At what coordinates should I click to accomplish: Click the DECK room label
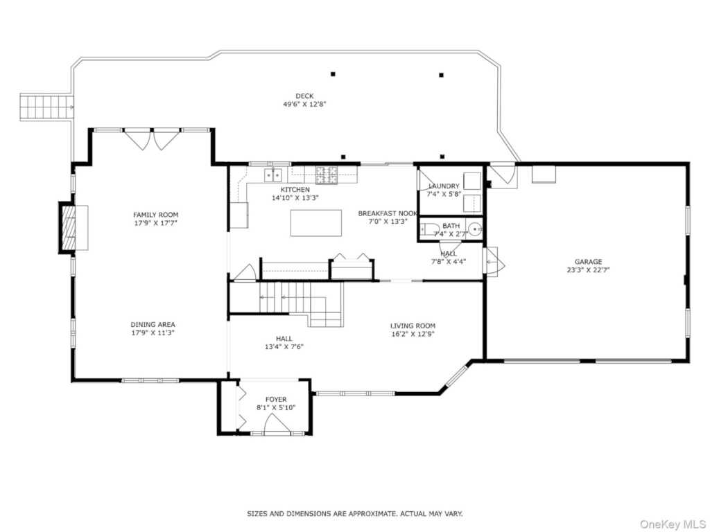pyautogui.click(x=304, y=96)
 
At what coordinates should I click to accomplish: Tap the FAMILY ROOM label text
pyautogui.click(x=155, y=215)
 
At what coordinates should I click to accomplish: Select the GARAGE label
pyautogui.click(x=588, y=261)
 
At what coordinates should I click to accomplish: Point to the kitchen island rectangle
pyautogui.click(x=316, y=222)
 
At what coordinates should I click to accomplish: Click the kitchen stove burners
pyautogui.click(x=327, y=175)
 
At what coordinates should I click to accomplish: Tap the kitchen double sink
pyautogui.click(x=273, y=174)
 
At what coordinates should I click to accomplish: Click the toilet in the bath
pyautogui.click(x=429, y=229)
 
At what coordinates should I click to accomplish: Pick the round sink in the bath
pyautogui.click(x=474, y=229)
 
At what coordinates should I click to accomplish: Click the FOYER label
pyautogui.click(x=276, y=400)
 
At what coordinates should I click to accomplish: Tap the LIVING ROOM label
pyautogui.click(x=413, y=326)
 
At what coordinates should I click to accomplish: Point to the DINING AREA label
pyautogui.click(x=153, y=324)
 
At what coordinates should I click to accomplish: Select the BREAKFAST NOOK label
pyautogui.click(x=388, y=213)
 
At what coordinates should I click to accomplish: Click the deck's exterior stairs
pyautogui.click(x=46, y=107)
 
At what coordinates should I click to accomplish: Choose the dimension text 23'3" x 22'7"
pyautogui.click(x=588, y=270)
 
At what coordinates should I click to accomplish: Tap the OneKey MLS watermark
pyautogui.click(x=673, y=524)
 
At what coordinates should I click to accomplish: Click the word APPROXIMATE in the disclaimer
pyautogui.click(x=371, y=514)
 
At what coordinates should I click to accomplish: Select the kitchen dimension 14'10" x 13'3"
pyautogui.click(x=295, y=197)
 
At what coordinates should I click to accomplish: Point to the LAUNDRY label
pyautogui.click(x=444, y=186)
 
